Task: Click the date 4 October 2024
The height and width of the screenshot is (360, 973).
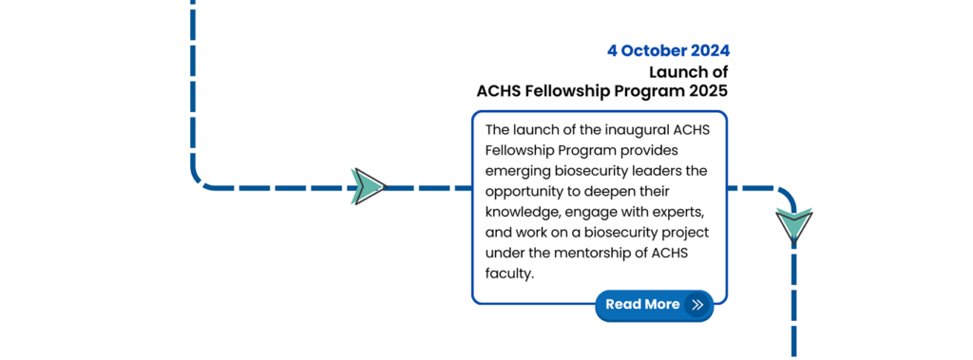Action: coord(668,51)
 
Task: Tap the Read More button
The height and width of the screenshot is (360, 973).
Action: coord(654,305)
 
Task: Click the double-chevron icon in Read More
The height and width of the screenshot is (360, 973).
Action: coord(697,305)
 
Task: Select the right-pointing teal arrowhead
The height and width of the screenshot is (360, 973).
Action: coord(369,186)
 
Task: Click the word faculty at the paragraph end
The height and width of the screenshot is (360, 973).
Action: coord(509,274)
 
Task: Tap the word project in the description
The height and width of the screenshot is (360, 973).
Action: coord(686,234)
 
